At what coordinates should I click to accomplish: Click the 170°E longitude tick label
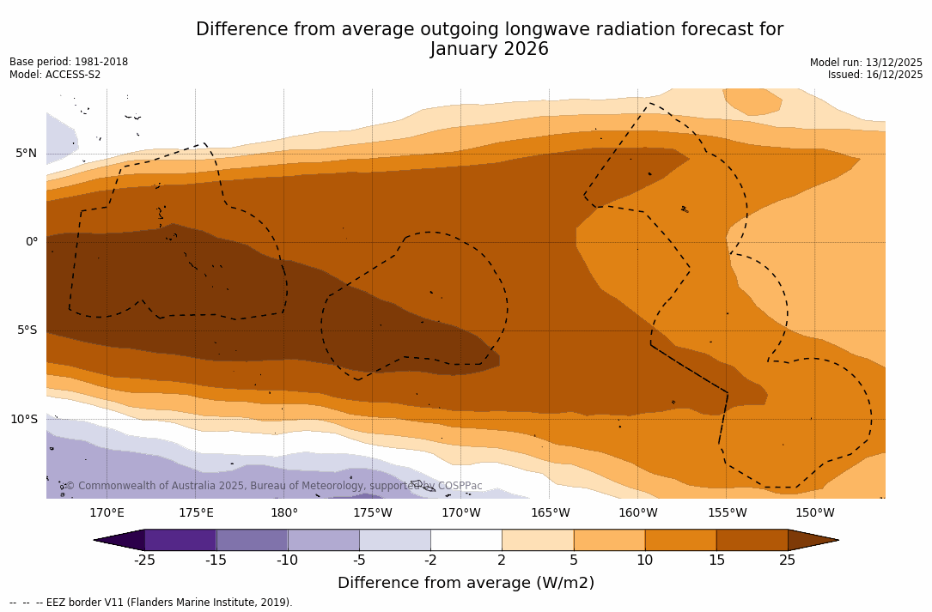[107, 513]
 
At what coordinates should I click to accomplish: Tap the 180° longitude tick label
[284, 513]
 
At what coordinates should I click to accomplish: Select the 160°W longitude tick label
[638, 513]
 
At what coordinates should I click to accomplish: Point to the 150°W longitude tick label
[815, 513]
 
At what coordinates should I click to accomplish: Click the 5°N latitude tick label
[26, 154]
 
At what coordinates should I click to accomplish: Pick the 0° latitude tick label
[32, 242]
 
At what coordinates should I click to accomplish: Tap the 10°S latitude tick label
[23, 420]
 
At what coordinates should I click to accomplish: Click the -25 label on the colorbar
[144, 560]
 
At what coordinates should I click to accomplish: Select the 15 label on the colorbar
[716, 560]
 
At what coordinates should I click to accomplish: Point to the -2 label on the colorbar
[430, 560]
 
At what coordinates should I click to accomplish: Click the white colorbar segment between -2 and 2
[466, 540]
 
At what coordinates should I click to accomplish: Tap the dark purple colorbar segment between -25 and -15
[180, 540]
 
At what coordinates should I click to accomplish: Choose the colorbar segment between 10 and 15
[680, 540]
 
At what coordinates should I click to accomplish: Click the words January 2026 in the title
[490, 50]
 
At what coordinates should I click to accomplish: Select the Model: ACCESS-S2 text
[55, 75]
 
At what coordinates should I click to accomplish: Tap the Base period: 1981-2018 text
[69, 62]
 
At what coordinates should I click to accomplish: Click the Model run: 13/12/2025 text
[866, 63]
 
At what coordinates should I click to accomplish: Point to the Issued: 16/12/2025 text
[875, 75]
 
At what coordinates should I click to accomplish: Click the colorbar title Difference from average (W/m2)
[466, 583]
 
